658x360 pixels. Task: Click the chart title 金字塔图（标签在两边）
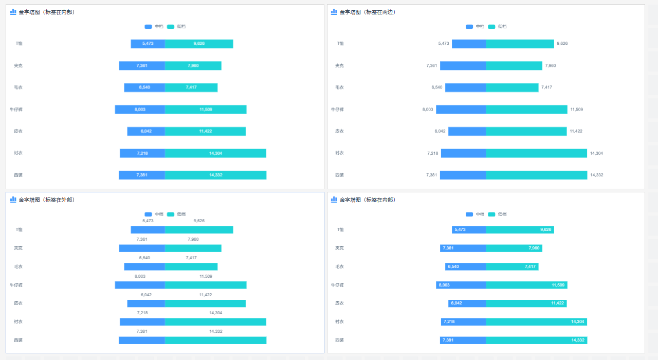367,12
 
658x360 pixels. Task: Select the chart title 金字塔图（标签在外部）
46,200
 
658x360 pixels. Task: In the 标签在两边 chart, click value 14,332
596,175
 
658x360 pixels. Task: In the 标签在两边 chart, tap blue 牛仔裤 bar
461,109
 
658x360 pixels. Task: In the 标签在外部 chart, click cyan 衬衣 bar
215,322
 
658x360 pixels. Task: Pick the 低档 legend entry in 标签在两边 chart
497,26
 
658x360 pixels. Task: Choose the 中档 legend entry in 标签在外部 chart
154,214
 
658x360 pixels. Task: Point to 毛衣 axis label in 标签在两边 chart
339,87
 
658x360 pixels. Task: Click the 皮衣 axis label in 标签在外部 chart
18,303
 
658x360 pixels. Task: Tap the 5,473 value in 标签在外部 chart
148,221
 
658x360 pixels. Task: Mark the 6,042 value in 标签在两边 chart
440,131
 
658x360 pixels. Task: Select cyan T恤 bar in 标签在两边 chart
520,44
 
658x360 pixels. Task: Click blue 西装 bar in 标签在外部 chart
142,340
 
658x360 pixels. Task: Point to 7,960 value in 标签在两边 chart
550,65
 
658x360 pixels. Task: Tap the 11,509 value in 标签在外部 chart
206,276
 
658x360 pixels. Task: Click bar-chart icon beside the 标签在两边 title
334,12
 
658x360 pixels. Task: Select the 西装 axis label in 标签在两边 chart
339,175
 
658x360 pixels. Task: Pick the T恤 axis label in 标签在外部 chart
19,230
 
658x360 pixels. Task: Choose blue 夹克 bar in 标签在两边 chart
463,65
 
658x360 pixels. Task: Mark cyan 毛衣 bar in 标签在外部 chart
191,267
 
